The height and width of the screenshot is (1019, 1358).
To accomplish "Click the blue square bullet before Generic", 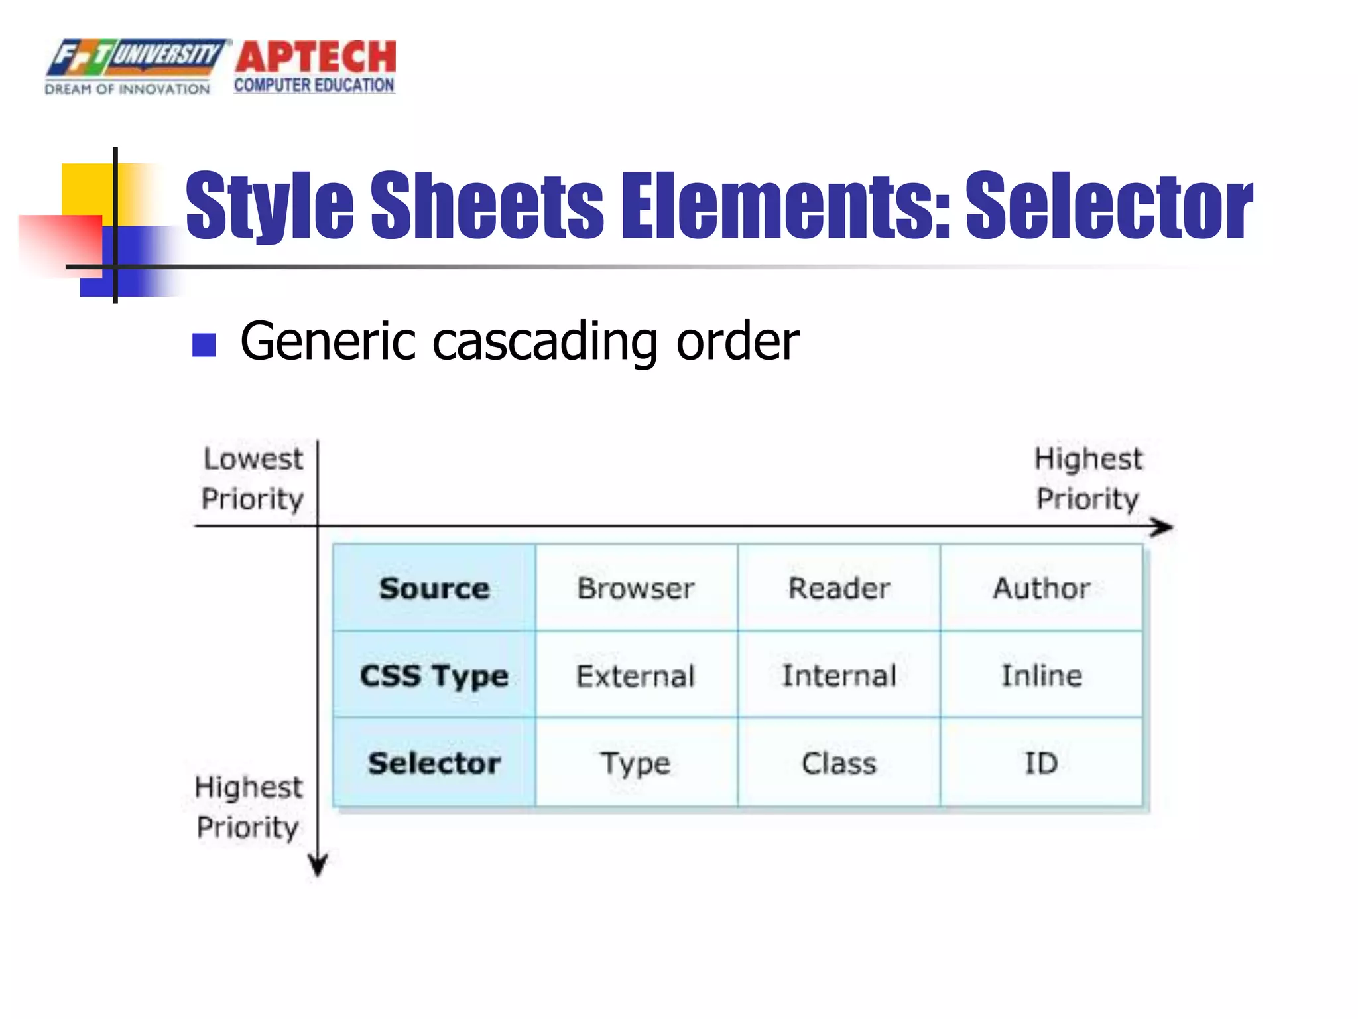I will click(204, 345).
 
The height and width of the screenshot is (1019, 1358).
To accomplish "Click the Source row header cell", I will click(434, 588).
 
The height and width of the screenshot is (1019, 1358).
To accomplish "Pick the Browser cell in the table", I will click(636, 588).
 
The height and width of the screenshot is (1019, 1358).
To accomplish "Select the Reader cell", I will click(839, 588).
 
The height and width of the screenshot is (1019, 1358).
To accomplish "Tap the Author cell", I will click(1041, 588).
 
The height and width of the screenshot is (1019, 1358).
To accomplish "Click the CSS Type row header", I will click(434, 675).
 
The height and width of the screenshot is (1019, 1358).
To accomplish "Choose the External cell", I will click(636, 675).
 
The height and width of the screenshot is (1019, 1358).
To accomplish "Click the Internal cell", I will click(839, 675).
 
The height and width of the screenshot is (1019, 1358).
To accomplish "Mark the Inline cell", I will click(1041, 675).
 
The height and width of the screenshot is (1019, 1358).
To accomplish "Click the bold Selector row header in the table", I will click(434, 763).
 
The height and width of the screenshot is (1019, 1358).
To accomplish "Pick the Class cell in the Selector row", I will click(839, 763).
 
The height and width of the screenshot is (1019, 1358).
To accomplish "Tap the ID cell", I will click(1041, 763).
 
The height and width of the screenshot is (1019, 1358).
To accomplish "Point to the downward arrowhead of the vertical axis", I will click(318, 866).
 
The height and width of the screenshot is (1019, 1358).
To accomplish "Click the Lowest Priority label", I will click(253, 479).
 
